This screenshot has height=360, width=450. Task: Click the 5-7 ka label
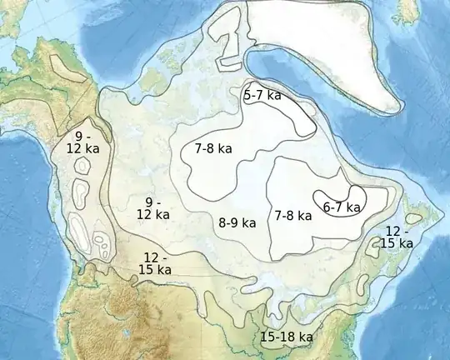tap(262, 96)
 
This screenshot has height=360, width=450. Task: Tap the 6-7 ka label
tap(342, 207)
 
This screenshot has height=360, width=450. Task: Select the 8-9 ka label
tap(237, 223)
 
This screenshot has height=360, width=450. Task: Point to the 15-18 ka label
tap(286, 337)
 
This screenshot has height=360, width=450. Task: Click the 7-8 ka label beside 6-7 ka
tap(293, 215)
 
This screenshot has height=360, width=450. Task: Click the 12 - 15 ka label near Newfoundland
tap(396, 237)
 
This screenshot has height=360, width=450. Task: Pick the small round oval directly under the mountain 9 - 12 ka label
tap(83, 166)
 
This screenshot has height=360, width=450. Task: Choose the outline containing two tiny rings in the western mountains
tap(101, 244)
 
